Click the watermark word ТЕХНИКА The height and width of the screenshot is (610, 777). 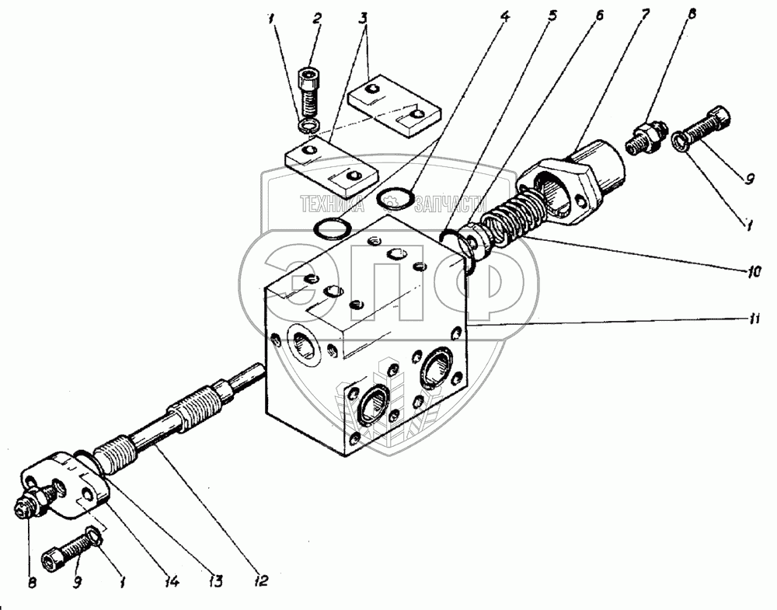pyautogui.click(x=333, y=204)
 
